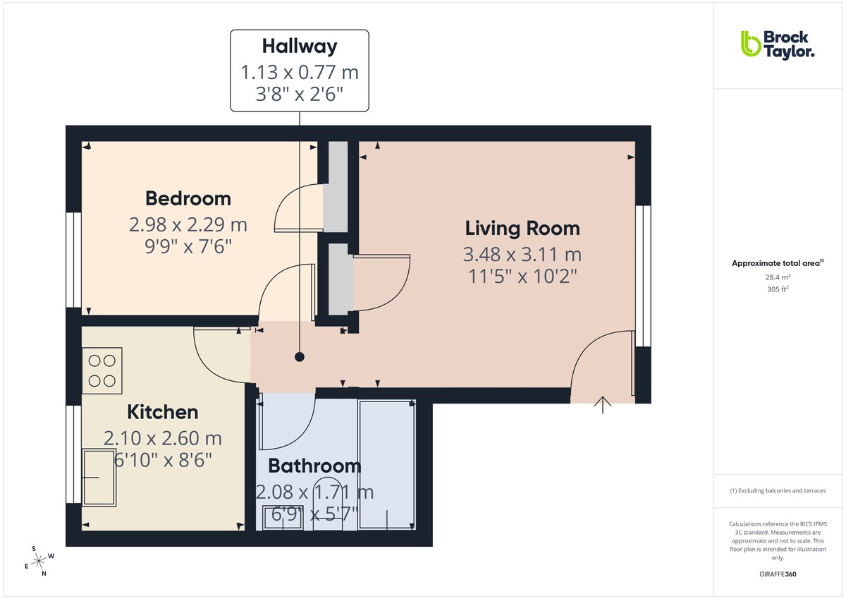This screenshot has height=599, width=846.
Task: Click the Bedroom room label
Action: (188, 198)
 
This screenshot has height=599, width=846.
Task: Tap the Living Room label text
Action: (522, 229)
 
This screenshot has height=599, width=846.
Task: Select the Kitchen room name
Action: (162, 412)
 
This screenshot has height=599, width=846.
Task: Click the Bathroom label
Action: (314, 466)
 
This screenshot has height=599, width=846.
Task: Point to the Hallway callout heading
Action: (300, 47)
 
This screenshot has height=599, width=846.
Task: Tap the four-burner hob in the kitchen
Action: (102, 371)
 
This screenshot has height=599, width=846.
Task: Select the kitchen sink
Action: (99, 476)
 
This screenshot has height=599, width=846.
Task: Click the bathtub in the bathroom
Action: (386, 464)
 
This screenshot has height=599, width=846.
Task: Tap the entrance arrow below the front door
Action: (603, 406)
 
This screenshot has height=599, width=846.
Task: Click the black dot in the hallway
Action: (300, 357)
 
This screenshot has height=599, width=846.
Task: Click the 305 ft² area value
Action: (777, 288)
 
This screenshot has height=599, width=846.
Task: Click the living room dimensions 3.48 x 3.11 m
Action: (522, 254)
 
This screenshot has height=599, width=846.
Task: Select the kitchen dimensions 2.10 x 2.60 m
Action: (162, 438)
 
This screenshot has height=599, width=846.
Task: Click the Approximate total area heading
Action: (777, 263)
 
